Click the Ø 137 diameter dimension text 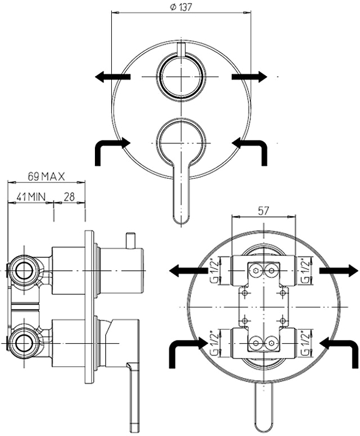[x=181, y=7]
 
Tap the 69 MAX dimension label [x=46, y=177]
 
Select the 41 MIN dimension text [x=31, y=197]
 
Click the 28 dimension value [x=69, y=197]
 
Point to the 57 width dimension [x=263, y=211]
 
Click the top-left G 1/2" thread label [x=214, y=271]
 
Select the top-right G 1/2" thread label [x=305, y=271]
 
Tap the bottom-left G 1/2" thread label [x=214, y=343]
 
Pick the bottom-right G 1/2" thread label [x=305, y=343]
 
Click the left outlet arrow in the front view [x=112, y=77]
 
